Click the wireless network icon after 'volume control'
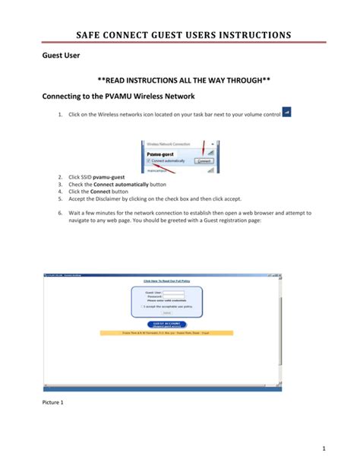coord(286,112)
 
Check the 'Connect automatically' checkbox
coord(149,161)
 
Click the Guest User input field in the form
coord(174,292)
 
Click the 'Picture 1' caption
coord(52,401)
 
